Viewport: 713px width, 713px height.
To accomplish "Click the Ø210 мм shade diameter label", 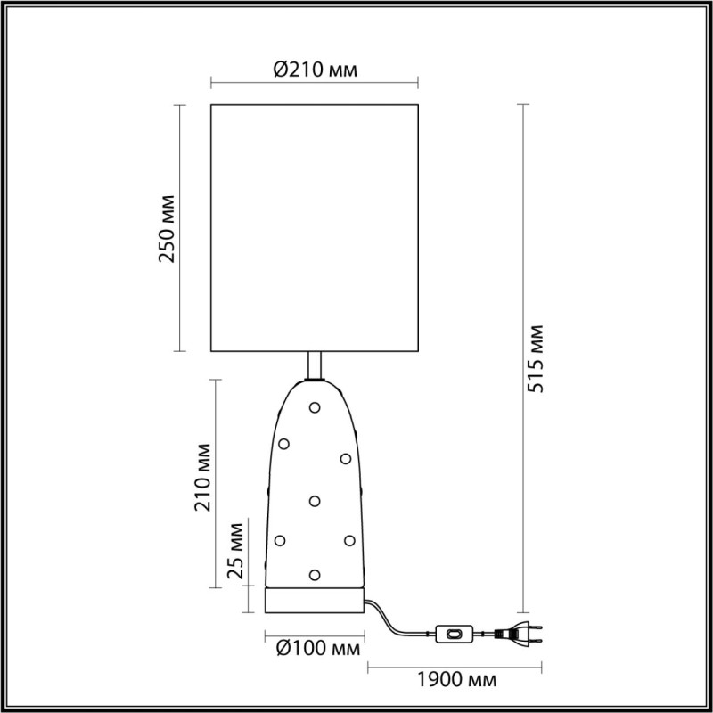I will pos(313,69).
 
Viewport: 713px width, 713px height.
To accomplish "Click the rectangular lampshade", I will pos(314,228).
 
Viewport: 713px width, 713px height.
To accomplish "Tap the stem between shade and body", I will pos(314,365).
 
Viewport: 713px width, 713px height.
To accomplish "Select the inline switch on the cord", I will pos(455,635).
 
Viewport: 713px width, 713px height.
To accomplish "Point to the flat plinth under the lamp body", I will pos(314,602).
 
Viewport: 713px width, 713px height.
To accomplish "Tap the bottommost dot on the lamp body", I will pos(314,574).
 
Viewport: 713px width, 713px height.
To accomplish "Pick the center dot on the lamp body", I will pos(315,501).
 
